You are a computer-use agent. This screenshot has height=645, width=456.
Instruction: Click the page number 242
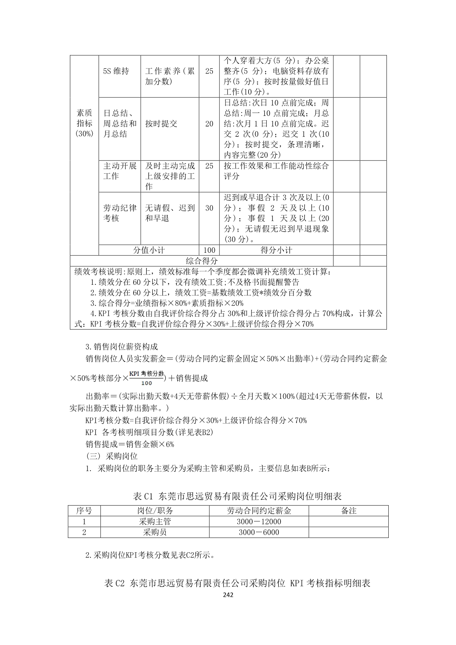(x=228, y=595)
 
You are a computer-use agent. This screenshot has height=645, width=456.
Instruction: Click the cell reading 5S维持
(x=116, y=71)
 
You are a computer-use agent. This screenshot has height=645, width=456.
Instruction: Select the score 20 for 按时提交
(x=209, y=124)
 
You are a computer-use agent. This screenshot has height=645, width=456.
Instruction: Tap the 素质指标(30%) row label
(x=84, y=123)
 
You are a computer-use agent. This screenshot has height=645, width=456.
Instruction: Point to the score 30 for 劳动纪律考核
(x=209, y=208)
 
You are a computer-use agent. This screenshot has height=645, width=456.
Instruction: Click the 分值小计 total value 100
(x=209, y=250)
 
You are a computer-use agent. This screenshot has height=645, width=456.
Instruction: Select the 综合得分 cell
(x=202, y=261)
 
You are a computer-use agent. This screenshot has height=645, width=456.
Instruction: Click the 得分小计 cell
(x=276, y=250)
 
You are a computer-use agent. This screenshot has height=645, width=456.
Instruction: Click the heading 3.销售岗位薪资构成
(x=121, y=347)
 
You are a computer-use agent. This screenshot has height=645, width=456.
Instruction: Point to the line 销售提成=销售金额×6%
(x=129, y=444)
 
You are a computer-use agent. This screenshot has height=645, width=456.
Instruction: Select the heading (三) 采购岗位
(x=111, y=456)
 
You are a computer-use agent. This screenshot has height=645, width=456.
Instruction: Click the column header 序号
(x=84, y=511)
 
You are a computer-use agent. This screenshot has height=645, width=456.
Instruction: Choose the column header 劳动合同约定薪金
(x=259, y=511)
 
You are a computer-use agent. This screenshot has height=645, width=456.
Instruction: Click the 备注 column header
(x=348, y=511)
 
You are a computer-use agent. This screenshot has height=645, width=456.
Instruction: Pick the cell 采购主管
(x=155, y=521)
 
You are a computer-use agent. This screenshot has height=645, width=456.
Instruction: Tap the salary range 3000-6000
(x=259, y=532)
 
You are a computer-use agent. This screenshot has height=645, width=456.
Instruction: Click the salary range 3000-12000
(x=259, y=521)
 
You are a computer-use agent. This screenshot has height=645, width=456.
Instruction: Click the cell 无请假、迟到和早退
(x=170, y=213)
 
